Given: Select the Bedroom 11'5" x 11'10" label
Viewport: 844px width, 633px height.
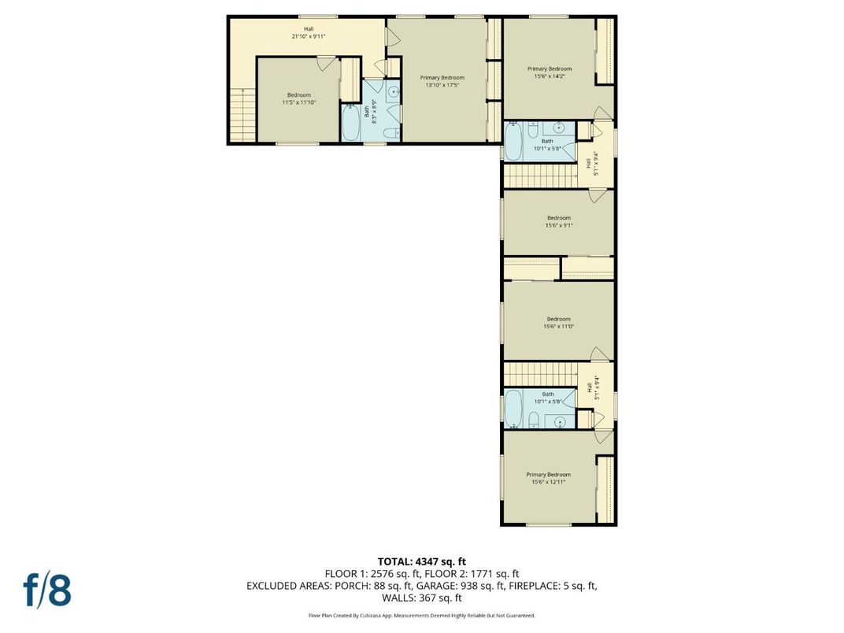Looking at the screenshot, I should [x=298, y=98].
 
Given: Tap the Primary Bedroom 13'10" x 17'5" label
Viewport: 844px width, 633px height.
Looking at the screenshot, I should [x=442, y=81].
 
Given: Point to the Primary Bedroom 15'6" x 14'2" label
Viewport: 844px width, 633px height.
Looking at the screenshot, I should [x=549, y=72].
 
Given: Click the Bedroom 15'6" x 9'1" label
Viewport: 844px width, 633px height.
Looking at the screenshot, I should [x=558, y=221].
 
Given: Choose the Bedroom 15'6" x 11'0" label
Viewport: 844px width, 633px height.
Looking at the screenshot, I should [x=558, y=323].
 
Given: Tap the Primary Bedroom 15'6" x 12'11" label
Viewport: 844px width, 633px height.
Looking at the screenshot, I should [x=549, y=478].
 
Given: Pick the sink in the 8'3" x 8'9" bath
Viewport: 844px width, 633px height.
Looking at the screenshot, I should [x=393, y=92].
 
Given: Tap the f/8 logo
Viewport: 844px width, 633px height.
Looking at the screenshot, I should [x=47, y=590].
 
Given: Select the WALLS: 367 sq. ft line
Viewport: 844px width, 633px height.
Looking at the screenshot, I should [x=421, y=598].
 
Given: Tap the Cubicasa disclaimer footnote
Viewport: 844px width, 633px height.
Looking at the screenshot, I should [x=421, y=616].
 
